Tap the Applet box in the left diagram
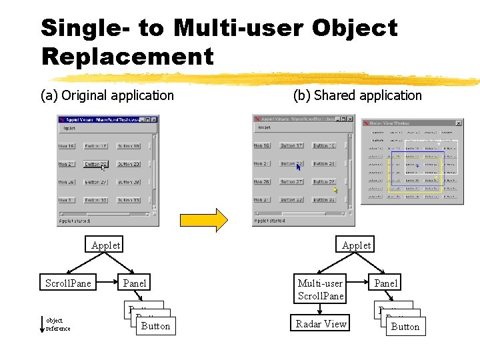[105, 245]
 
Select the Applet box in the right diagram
[356, 245]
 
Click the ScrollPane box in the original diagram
[68, 283]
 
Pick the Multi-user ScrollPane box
[321, 290]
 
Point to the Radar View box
[321, 324]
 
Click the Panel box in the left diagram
[135, 283]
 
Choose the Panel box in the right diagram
[385, 283]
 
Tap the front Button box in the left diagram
[155, 326]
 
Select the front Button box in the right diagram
[405, 327]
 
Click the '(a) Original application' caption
[107, 95]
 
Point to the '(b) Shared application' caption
[357, 95]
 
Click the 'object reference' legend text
[58, 325]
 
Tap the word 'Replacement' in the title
[127, 56]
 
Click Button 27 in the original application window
[95, 182]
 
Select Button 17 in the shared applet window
[291, 145]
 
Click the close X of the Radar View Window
[458, 123]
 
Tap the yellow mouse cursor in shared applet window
[335, 190]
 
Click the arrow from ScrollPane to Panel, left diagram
[105, 283]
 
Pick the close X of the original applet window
[155, 119]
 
